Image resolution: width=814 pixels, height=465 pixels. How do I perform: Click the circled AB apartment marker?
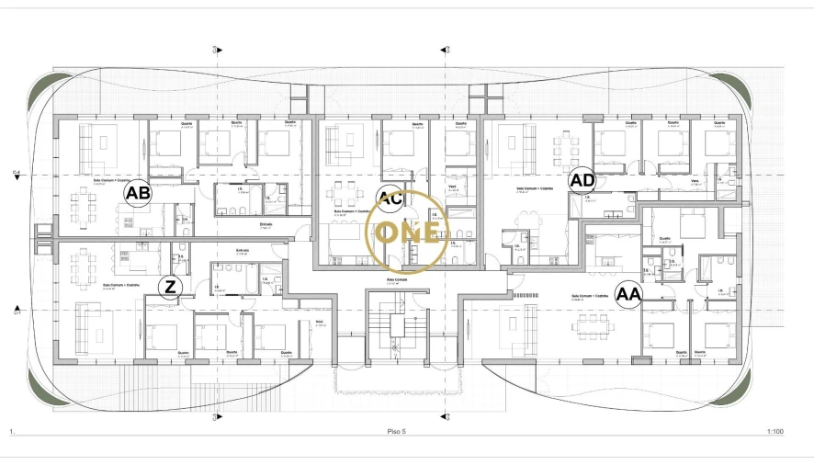138,193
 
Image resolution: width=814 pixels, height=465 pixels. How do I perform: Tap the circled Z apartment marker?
169,288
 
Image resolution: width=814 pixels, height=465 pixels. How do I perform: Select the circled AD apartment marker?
582,179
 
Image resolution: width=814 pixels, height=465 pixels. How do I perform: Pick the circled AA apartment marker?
628,294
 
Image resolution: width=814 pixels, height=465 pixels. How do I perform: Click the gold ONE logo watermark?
407,232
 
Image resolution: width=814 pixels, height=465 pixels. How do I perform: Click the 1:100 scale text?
774,430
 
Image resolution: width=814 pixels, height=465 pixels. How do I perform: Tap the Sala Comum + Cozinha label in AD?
534,187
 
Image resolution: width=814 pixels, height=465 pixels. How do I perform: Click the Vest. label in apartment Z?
319,321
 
